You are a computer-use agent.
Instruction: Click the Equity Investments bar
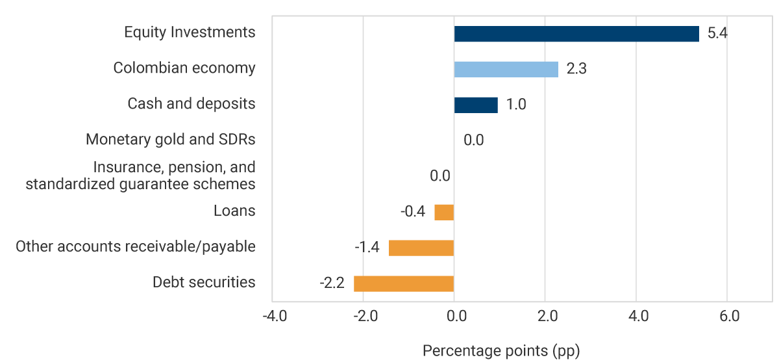(x=576, y=34)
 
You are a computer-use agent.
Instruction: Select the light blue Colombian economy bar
(x=506, y=70)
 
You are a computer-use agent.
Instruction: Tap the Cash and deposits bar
(x=476, y=105)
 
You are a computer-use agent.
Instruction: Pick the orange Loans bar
(x=444, y=213)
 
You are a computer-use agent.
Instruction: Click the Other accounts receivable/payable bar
(x=421, y=248)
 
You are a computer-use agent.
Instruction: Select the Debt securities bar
(x=404, y=283)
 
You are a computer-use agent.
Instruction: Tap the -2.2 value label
(x=332, y=283)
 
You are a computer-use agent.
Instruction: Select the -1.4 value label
(x=367, y=248)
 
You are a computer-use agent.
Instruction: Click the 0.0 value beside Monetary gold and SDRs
(x=473, y=140)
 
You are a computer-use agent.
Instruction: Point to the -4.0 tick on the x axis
(x=273, y=317)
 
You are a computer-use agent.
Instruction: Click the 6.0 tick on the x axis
(x=730, y=317)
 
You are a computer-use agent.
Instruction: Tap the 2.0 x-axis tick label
(x=547, y=317)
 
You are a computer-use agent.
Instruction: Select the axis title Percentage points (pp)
(x=501, y=351)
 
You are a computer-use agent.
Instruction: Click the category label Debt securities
(x=204, y=282)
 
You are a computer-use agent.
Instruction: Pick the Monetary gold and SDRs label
(x=171, y=139)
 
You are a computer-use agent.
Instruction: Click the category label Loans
(x=234, y=211)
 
